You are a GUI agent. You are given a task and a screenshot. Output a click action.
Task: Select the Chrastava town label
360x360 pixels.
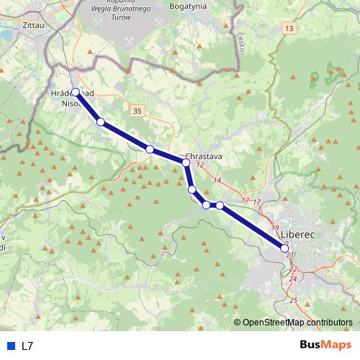click(x=203, y=156)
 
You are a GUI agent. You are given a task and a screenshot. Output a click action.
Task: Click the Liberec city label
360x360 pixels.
click(x=297, y=234)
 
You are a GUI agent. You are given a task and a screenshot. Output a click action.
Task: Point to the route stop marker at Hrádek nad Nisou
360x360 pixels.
click(x=75, y=92)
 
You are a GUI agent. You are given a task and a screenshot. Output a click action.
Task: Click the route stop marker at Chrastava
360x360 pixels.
click(x=186, y=163)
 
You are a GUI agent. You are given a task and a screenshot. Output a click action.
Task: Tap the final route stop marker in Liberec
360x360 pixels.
click(x=285, y=248)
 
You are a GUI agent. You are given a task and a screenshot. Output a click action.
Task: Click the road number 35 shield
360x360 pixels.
click(x=138, y=110)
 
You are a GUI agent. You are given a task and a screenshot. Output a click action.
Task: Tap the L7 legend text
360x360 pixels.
click(x=27, y=346)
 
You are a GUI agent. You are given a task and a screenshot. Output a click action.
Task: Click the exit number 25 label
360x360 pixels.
click(x=293, y=300)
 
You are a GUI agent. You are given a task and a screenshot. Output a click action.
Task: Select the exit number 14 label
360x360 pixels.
click(x=217, y=180)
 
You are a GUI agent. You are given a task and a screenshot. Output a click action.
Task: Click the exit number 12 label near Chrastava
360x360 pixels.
click(x=200, y=166)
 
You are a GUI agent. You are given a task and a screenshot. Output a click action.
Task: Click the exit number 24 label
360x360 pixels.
click(x=293, y=278)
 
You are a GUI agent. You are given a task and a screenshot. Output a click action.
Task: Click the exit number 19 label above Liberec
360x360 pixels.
click(x=274, y=228)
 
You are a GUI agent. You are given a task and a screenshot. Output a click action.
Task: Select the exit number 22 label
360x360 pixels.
click(x=292, y=268)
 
